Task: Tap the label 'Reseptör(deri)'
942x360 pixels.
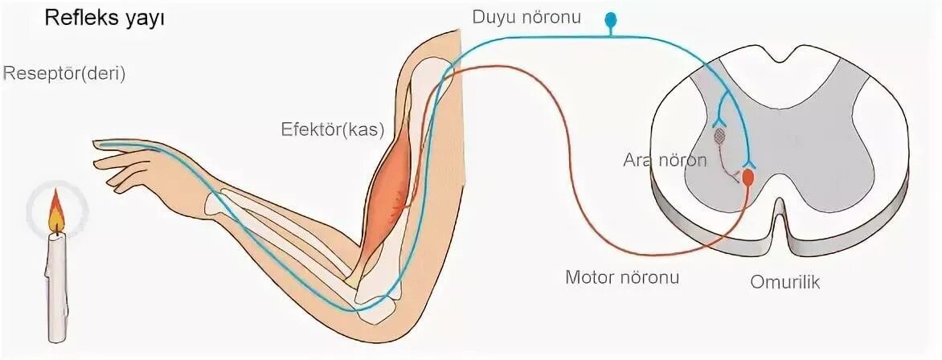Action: (64, 74)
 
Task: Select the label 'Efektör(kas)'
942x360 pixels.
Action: (333, 129)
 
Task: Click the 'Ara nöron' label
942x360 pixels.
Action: (665, 160)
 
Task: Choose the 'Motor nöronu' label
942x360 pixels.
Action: (622, 278)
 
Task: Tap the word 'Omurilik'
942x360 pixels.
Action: (784, 282)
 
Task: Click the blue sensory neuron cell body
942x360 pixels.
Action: (612, 18)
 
